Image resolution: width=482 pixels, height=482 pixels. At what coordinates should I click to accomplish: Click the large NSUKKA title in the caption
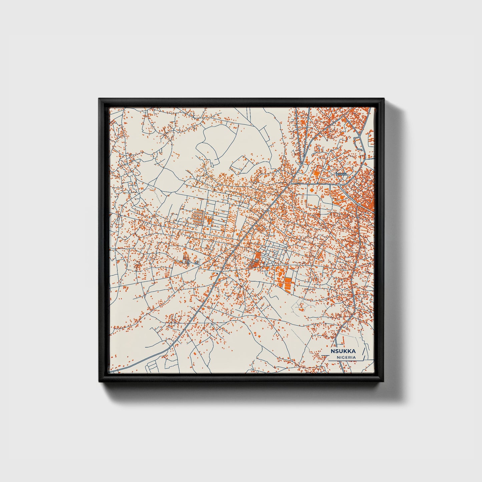[x=343, y=351]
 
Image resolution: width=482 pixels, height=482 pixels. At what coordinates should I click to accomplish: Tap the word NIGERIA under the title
[x=346, y=357]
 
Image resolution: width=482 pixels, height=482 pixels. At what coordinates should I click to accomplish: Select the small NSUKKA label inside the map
[x=342, y=174]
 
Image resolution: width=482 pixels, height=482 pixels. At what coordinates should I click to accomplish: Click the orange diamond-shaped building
[x=312, y=189]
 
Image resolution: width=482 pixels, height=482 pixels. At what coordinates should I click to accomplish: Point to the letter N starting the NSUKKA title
[x=333, y=351]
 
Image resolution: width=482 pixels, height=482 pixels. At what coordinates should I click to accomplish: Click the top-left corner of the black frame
[x=99, y=99]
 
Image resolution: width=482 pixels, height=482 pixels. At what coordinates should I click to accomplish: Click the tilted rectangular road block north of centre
[x=243, y=165]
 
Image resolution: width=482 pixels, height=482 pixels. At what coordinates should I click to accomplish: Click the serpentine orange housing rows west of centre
[x=197, y=218]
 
